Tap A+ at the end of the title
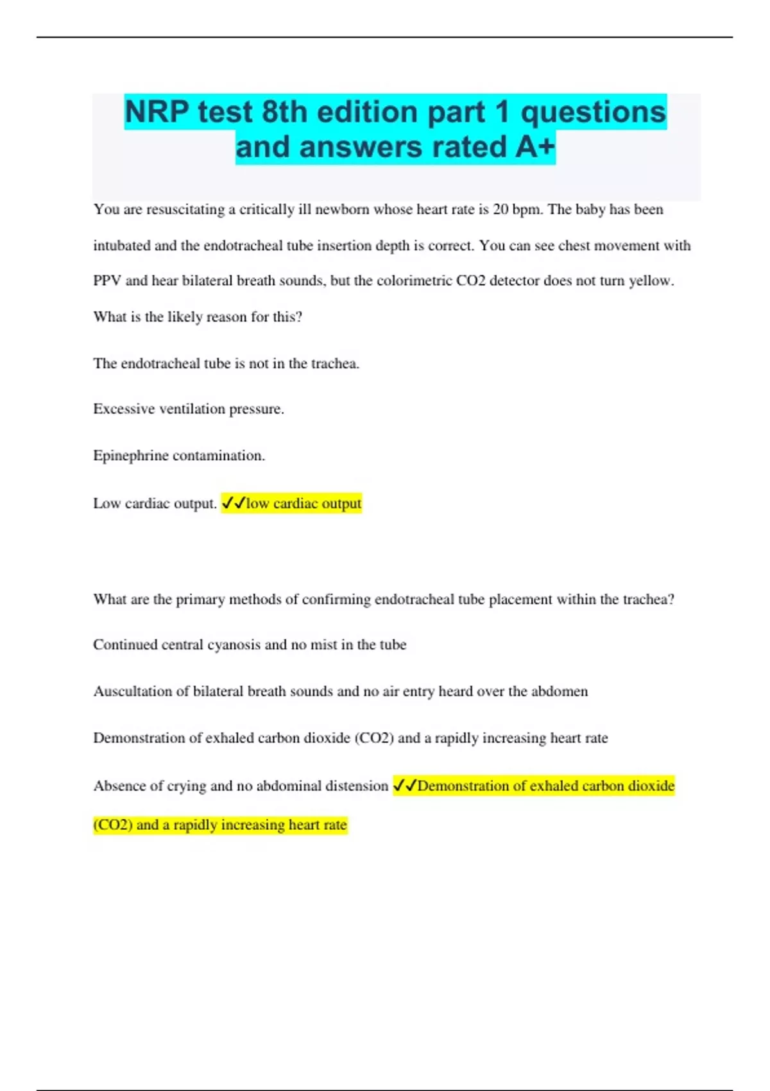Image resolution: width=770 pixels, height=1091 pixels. tap(535, 146)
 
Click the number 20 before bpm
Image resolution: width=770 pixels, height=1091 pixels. tap(501, 210)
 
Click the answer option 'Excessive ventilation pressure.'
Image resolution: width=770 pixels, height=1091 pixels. tap(189, 409)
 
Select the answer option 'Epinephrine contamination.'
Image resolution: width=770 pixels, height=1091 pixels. tap(179, 456)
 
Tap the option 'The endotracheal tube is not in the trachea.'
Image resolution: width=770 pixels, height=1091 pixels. tap(226, 363)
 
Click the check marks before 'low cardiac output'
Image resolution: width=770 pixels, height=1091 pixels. tap(234, 503)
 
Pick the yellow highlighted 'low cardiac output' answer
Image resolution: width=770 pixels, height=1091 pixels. tap(304, 503)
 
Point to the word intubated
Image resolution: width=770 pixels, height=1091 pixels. tap(124, 246)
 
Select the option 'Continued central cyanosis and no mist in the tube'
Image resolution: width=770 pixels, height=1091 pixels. tap(250, 644)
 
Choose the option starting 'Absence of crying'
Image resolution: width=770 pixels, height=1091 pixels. tap(241, 786)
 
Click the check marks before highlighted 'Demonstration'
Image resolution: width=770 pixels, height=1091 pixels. tap(405, 786)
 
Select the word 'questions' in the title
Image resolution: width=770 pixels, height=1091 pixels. tap(593, 112)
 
